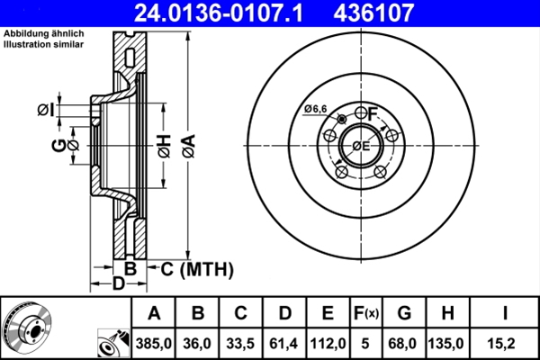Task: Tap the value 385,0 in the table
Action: (x=154, y=343)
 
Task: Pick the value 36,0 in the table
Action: (x=198, y=343)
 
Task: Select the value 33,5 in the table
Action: (x=241, y=343)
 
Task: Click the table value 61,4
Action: (x=284, y=343)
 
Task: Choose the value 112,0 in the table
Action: (x=328, y=343)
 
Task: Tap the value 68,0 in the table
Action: (x=404, y=343)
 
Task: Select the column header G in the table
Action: (x=404, y=313)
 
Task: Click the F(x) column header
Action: (x=366, y=313)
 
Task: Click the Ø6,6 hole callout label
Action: (x=315, y=109)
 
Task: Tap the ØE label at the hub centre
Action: (x=360, y=146)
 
